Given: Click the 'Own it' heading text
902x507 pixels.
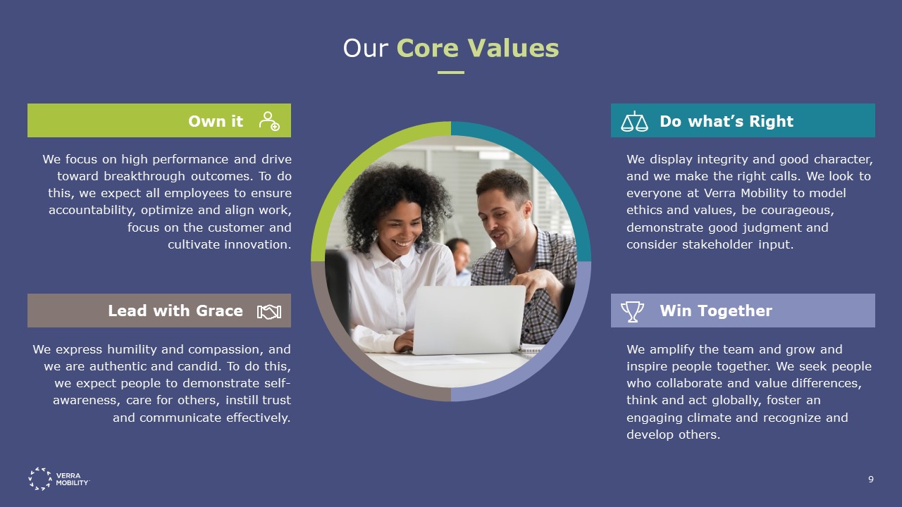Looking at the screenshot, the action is pos(216,121).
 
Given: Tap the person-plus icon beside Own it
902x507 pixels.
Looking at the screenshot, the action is pos(269,121).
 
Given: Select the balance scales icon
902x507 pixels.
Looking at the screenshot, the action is pos(634,121).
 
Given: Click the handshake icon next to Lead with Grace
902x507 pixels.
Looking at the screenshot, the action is pos(269,312).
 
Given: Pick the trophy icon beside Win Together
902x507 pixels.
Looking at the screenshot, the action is pos(632,311).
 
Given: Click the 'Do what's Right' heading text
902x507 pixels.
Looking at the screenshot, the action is pos(727,121).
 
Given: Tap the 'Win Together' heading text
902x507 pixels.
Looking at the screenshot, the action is pos(715,311).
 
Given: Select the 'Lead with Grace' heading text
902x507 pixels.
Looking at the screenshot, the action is pos(175,311).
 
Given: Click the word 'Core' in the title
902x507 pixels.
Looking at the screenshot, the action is pos(428,49).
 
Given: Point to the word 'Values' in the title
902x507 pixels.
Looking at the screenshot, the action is pos(513,49).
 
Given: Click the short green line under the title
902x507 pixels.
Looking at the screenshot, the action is pos(451,73).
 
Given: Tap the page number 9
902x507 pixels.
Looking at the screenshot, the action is pos(871,480).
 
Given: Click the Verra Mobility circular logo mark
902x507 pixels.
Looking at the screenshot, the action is pos(40,479).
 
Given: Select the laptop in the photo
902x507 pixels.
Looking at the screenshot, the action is pos(469,320).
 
